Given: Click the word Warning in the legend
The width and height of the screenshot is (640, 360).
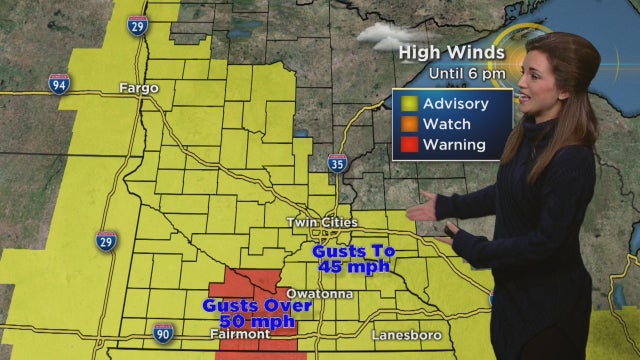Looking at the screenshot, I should click(455, 145).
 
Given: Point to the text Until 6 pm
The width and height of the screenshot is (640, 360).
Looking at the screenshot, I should click(468, 73).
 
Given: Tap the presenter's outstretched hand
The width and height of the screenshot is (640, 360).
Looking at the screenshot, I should click(420, 210).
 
